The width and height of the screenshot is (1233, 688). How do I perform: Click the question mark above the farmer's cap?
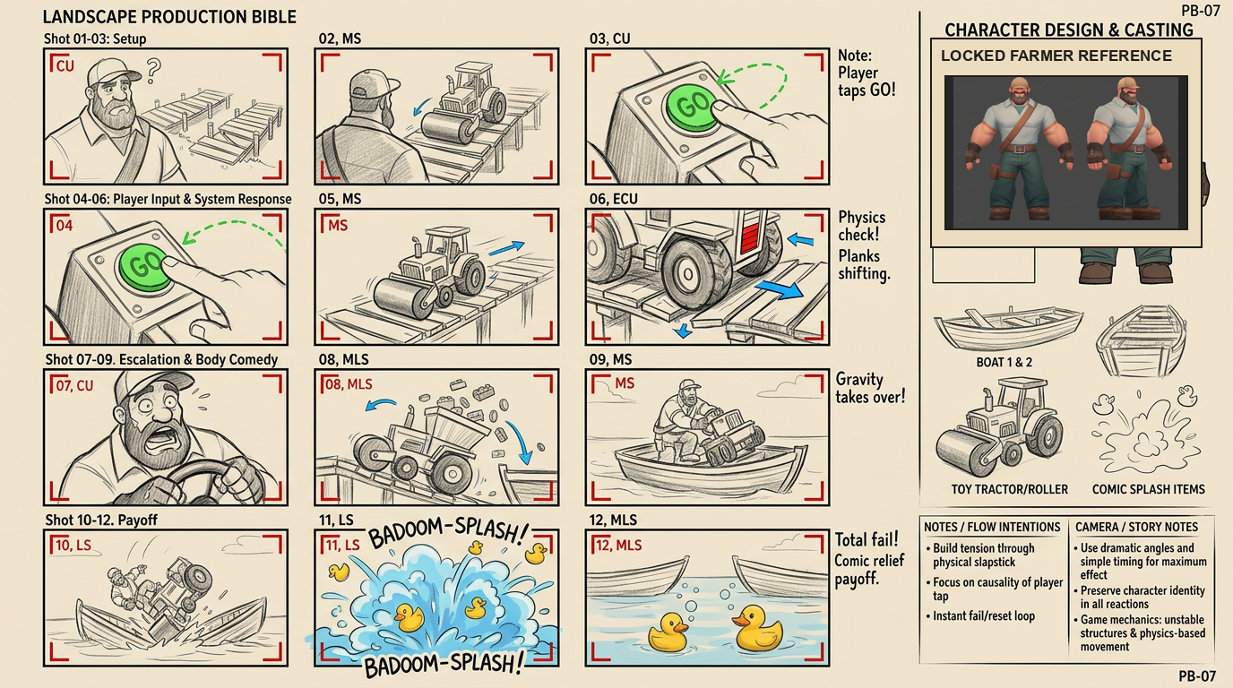[x=153, y=71]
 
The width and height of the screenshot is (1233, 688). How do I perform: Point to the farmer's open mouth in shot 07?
[x=167, y=438]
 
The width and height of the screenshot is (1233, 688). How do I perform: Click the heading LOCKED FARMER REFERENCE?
[x=1056, y=56]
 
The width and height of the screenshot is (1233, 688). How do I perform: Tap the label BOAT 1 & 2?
[x=1004, y=362]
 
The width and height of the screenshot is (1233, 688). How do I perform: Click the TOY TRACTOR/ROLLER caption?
[x=1010, y=489]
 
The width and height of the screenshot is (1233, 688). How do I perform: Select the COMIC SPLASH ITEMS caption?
[x=1148, y=489]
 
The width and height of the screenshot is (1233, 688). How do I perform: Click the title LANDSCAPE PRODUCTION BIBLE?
[x=169, y=17]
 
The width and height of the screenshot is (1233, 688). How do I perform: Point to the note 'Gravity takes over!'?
[x=870, y=388]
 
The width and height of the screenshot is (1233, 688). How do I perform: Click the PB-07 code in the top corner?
[x=1200, y=11]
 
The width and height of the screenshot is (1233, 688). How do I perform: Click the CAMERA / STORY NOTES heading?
[x=1136, y=527]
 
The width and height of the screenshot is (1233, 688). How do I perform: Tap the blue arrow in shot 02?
[x=422, y=107]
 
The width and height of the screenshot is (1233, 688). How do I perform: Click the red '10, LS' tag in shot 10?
[x=73, y=545]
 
